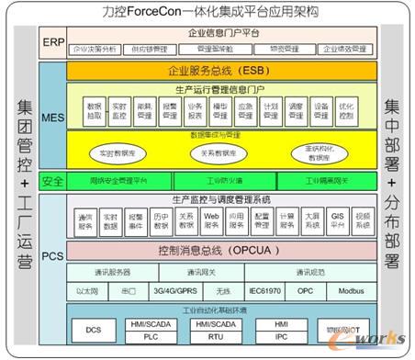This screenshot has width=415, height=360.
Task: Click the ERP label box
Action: click(x=51, y=41)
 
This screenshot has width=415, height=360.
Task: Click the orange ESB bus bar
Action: click(x=221, y=69)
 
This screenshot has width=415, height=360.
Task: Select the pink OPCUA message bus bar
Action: click(x=221, y=249)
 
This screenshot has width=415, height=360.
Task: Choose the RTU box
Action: click(x=209, y=337)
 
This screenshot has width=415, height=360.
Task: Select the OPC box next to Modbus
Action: click(x=304, y=290)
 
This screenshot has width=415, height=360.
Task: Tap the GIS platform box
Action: click(x=337, y=220)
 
